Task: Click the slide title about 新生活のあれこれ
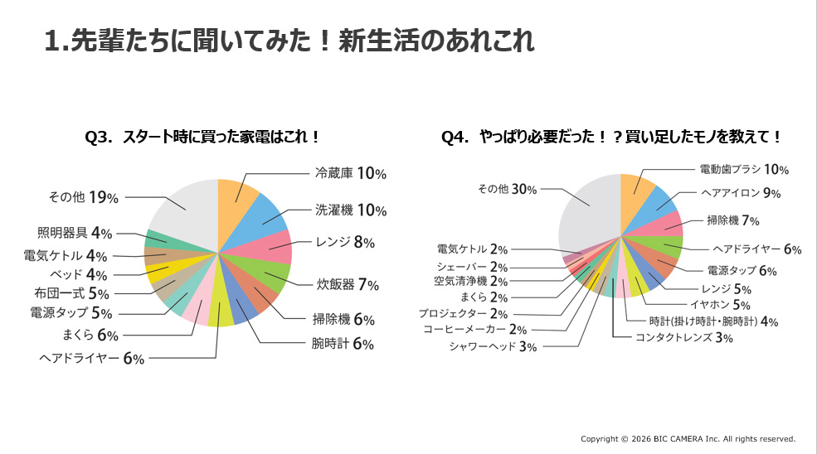point(289,41)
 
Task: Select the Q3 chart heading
point(203,137)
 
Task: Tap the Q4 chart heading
point(612,137)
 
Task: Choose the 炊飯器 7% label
point(348,284)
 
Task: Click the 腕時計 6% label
point(343,343)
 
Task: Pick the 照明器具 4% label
point(75,233)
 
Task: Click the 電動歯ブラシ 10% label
point(743,170)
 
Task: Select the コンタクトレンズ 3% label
point(683,337)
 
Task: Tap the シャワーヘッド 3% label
point(493,346)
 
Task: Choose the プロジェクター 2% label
point(463,313)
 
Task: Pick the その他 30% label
point(508,189)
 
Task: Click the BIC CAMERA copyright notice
point(688,439)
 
